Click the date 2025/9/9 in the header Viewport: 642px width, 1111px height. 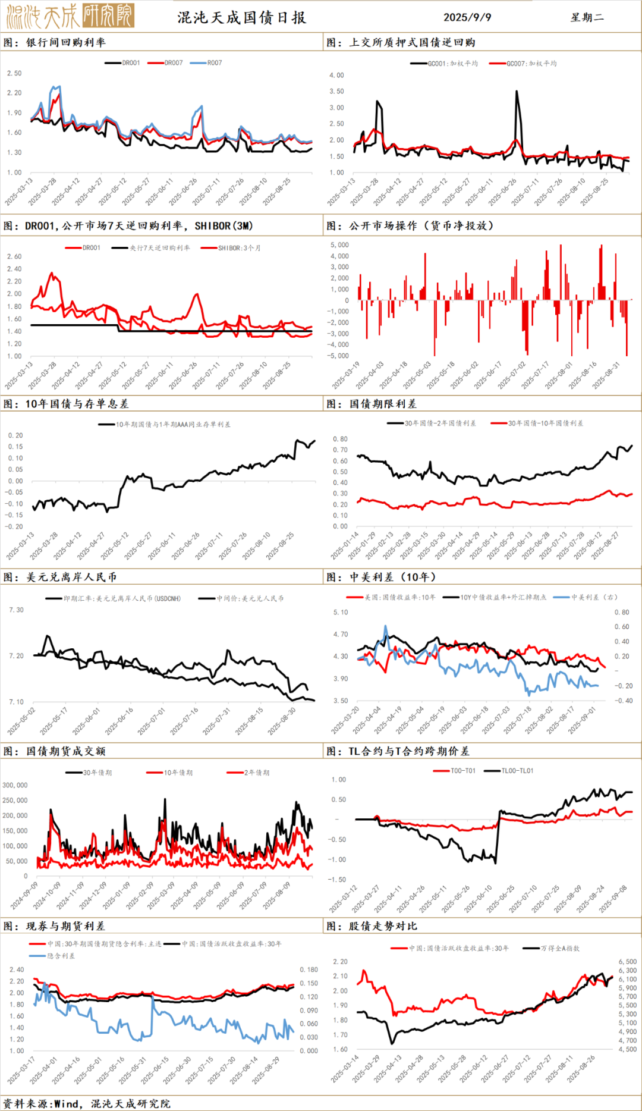(467, 17)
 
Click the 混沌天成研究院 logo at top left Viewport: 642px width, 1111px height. (70, 16)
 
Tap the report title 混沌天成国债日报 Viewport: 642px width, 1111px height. (242, 17)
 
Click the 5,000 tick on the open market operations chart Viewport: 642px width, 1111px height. (339, 244)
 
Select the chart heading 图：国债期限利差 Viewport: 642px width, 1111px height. (372, 404)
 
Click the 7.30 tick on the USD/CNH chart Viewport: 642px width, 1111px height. (16, 610)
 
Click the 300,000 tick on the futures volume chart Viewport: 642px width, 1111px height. (15, 785)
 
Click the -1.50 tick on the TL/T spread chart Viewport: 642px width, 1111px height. (338, 879)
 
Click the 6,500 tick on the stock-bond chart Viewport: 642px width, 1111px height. (627, 962)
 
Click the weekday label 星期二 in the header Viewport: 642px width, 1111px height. (587, 17)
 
